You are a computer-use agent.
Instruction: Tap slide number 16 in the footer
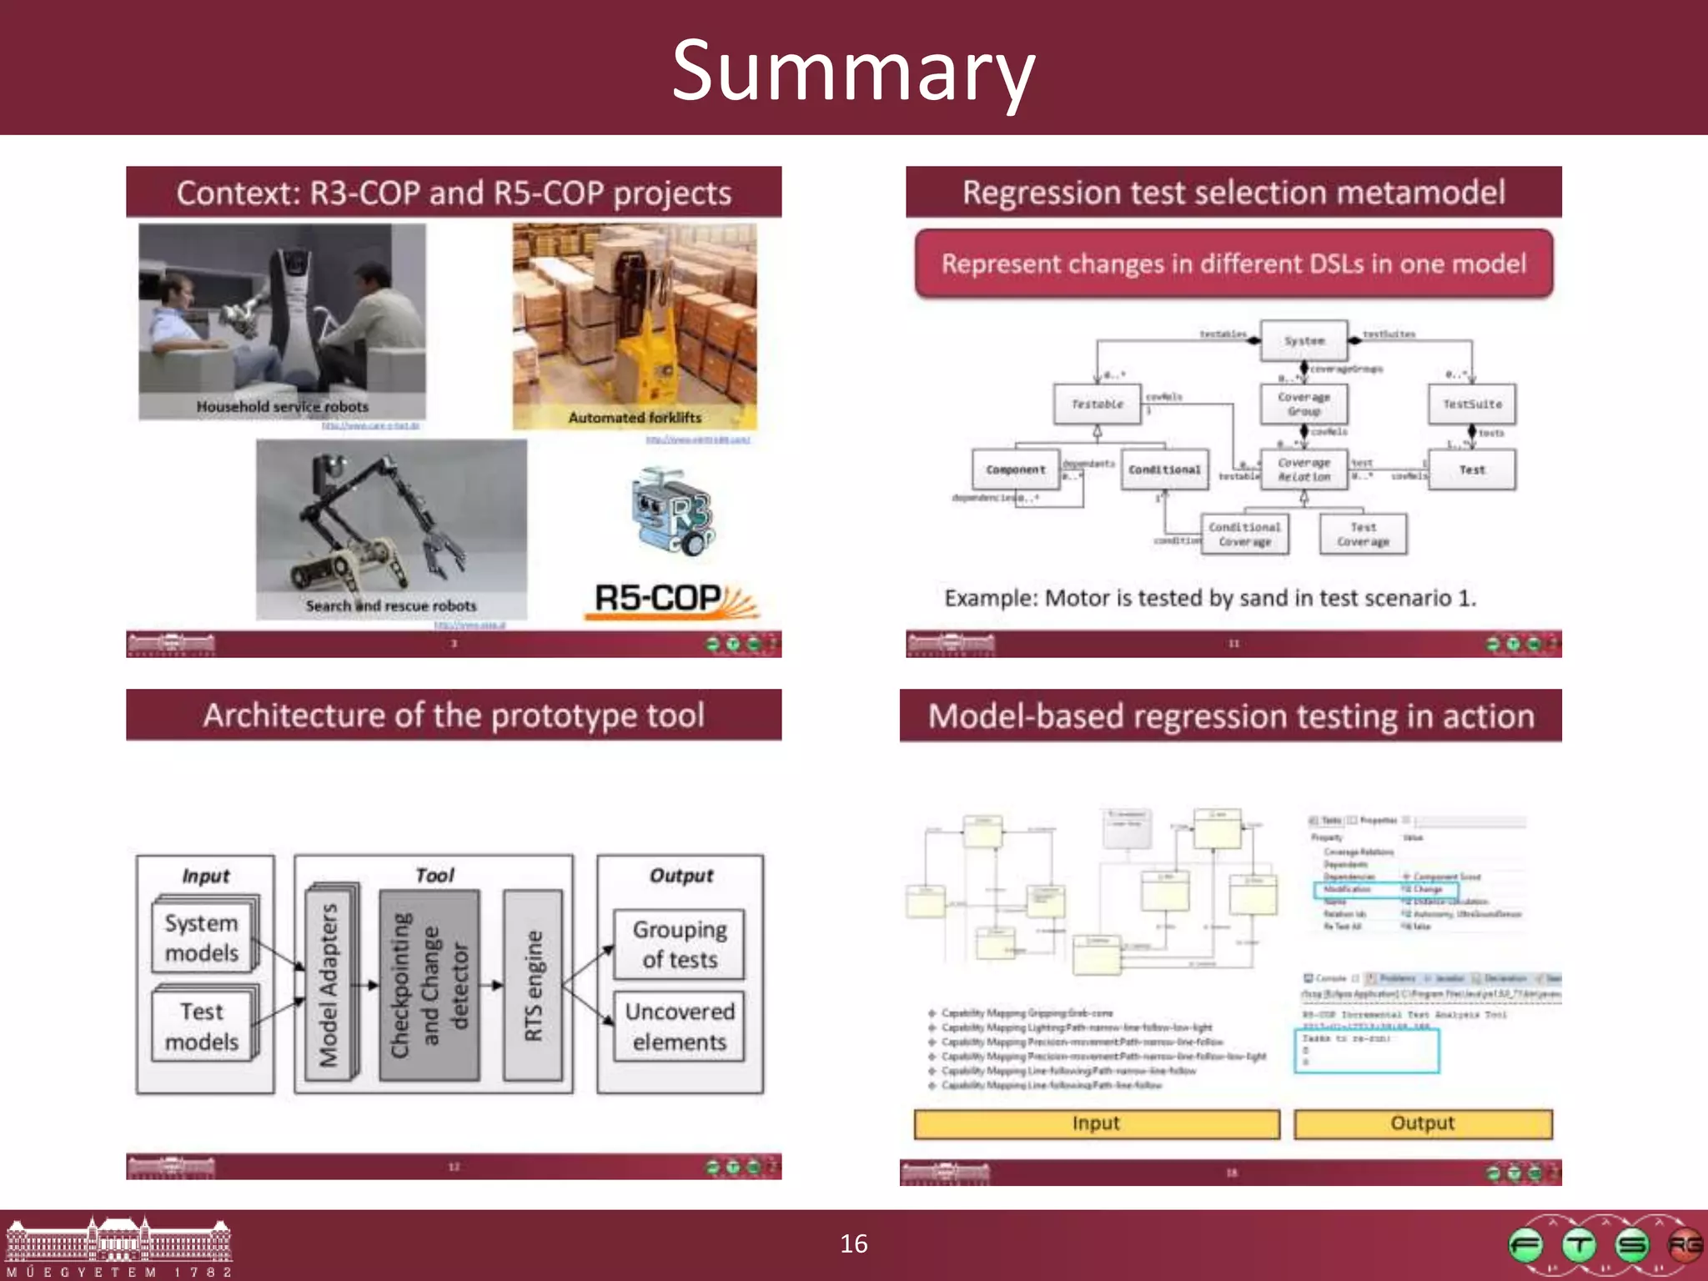tap(853, 1243)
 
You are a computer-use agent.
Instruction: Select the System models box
tap(203, 937)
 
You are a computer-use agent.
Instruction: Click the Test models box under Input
tap(203, 1026)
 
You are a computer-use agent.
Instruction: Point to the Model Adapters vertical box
tap(329, 984)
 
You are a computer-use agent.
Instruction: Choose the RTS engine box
tap(533, 985)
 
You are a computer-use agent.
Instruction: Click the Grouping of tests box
tap(679, 944)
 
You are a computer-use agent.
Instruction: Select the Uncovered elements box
tap(679, 1026)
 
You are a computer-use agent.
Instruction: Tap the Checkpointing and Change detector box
tap(430, 985)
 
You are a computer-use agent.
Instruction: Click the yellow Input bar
tap(1096, 1123)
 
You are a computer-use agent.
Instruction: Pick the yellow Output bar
tap(1422, 1123)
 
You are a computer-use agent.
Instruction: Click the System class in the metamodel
tap(1304, 340)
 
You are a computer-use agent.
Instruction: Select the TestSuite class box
tap(1472, 404)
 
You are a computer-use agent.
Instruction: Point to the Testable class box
tap(1097, 404)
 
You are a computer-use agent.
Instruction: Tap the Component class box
tap(1015, 470)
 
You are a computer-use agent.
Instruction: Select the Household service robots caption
tap(282, 407)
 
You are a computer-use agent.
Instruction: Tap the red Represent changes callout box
tap(1233, 264)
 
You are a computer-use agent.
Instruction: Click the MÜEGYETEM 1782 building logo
tap(118, 1245)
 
